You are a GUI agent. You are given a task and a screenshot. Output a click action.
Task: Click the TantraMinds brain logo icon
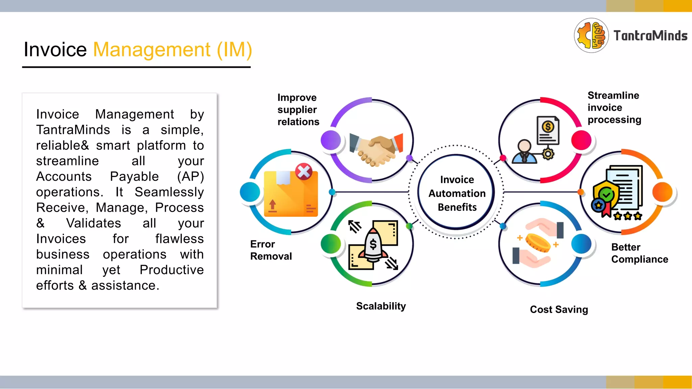pos(591,35)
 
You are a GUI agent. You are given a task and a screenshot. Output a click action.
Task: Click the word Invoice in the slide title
pos(55,50)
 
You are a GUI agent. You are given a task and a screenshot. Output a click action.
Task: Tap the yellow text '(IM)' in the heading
pos(234,50)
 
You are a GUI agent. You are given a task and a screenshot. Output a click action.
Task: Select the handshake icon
pos(375,149)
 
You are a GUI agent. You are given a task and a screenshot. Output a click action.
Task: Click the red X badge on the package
pos(304,171)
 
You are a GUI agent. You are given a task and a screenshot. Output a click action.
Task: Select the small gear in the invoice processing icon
pos(548,154)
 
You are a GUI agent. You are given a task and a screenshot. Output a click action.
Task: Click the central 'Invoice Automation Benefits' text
pos(457,193)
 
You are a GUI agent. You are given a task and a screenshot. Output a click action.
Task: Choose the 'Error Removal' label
pos(271,250)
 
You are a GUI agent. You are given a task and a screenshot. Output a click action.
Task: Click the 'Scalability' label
pos(381,306)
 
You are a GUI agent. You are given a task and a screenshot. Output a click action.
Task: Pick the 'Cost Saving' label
pos(559,309)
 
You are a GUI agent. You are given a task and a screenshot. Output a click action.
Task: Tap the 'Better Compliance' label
pos(639,253)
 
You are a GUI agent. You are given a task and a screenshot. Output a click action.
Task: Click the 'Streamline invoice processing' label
pos(614,107)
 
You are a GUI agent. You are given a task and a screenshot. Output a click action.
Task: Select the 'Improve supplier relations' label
pos(298,110)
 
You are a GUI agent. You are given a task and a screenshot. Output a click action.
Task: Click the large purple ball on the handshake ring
pos(331,140)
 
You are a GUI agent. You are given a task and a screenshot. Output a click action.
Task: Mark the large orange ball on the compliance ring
pos(662,192)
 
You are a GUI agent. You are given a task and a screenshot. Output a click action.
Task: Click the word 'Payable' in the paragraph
pos(134,177)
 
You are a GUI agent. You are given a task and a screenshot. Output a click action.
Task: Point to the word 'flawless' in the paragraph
pos(179,239)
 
